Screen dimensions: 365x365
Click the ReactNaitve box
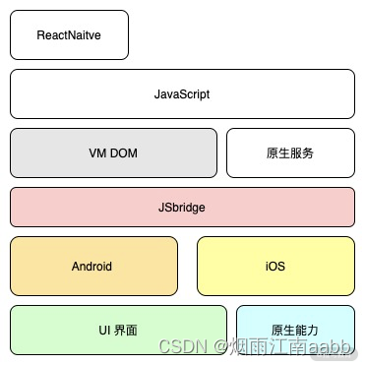click(69, 34)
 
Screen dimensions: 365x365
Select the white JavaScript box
click(182, 93)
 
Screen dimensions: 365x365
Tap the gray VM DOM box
click(113, 152)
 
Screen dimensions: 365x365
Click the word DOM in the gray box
click(123, 152)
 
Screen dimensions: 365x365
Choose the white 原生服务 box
click(290, 152)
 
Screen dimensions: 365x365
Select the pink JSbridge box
click(182, 208)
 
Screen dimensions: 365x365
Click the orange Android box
click(92, 266)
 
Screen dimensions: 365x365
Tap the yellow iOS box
click(275, 266)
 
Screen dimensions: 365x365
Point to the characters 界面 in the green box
click(129, 330)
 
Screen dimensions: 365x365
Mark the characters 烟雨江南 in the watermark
click(264, 347)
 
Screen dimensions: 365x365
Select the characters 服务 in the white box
click(302, 153)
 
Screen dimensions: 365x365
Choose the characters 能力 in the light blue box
click(307, 329)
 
